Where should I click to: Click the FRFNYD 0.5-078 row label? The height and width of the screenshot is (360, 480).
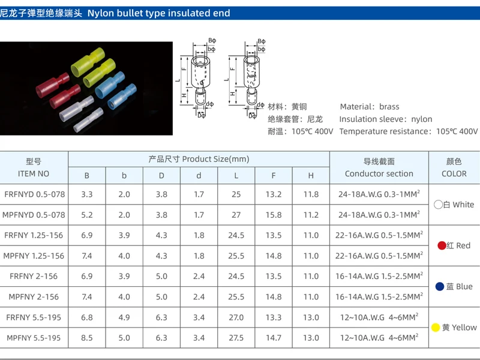34,194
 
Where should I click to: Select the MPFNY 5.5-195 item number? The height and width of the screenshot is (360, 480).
34,338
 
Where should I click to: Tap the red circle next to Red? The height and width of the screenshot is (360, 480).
442,245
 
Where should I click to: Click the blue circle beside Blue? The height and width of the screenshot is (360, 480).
440,287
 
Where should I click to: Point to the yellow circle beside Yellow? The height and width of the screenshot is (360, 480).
436,328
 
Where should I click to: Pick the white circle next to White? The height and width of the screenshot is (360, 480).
439,205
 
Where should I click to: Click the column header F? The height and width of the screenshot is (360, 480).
274,176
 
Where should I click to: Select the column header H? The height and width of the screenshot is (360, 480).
311,176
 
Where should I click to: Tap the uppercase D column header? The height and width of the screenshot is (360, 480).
161,176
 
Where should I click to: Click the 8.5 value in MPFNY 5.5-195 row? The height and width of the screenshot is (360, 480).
87,338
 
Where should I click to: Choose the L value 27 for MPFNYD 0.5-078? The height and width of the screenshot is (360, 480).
236,215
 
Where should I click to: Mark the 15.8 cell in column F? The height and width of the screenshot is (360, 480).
274,215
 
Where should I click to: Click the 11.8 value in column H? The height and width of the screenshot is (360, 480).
311,194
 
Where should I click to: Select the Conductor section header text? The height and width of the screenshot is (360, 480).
379,174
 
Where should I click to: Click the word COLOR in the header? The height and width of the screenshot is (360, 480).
454,174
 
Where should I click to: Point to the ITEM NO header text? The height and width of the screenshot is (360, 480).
34,174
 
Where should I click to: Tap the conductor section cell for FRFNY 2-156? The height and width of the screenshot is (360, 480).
379,277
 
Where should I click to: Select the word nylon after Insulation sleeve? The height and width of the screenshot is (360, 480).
422,119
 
